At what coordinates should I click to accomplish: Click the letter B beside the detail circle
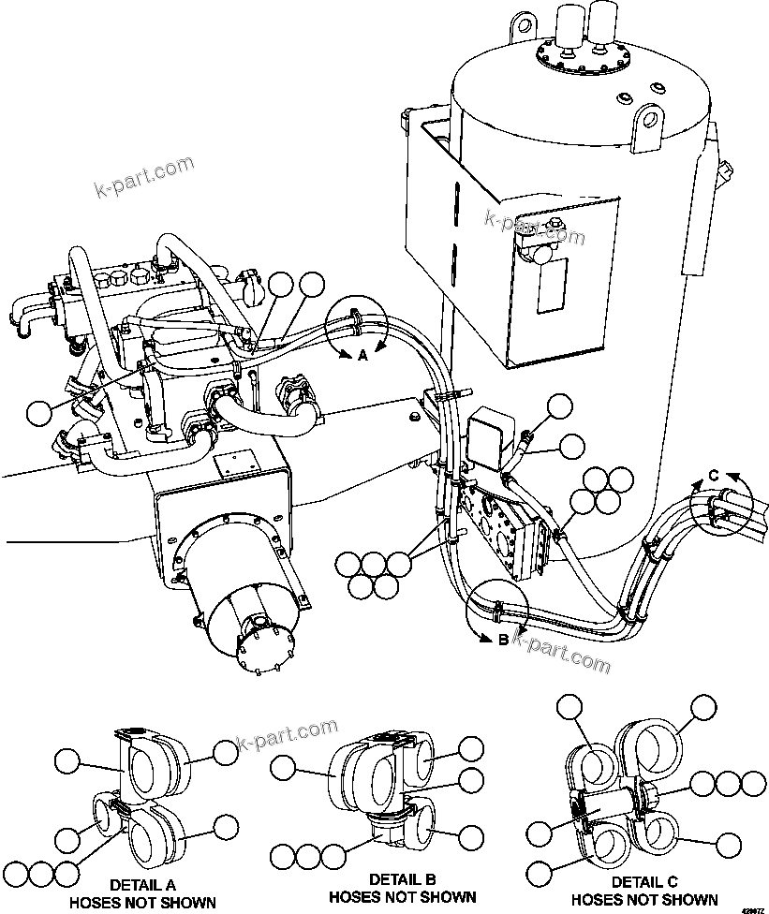click(502, 641)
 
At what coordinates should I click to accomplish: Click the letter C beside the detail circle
click(713, 476)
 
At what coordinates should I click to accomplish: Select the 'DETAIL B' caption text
click(401, 879)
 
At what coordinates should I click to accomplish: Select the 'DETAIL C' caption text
click(644, 882)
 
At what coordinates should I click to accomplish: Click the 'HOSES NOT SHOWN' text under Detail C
click(644, 900)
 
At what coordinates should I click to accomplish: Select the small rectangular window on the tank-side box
click(552, 286)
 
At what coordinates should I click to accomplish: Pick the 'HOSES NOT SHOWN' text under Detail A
click(142, 903)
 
